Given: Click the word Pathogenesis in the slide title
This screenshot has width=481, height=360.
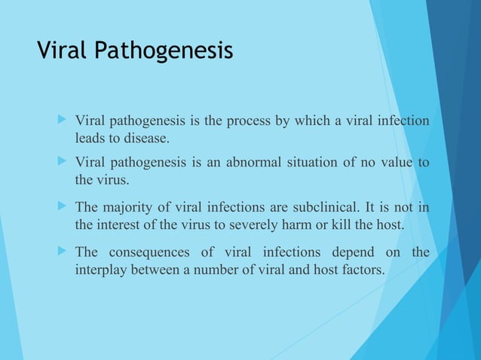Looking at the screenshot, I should click(x=164, y=52).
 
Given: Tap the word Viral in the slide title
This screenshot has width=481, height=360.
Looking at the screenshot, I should click(x=64, y=50).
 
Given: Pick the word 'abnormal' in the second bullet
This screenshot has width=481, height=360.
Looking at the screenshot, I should click(x=240, y=163).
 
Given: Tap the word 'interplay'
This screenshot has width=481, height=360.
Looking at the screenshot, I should click(x=102, y=270).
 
